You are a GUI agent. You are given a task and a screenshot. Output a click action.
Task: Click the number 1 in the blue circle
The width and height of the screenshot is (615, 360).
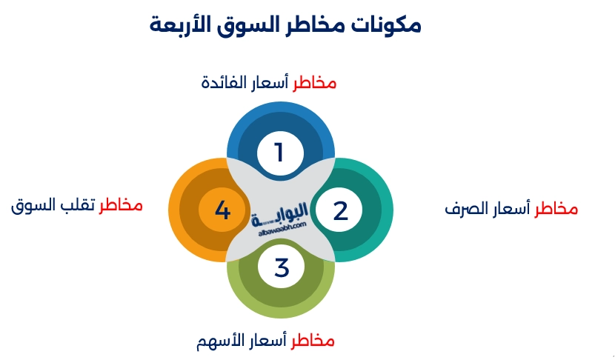coord(279,153)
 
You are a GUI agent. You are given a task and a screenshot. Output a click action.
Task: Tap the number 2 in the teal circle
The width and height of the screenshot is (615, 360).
coord(340,211)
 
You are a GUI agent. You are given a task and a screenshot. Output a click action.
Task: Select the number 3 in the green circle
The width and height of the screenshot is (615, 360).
coord(281,267)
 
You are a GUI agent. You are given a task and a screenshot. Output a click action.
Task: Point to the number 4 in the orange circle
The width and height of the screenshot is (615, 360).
coord(222,211)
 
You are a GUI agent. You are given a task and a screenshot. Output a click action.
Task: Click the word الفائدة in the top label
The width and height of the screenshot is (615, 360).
coord(223,82)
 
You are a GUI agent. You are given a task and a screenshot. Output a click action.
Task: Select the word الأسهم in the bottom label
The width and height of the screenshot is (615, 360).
coord(220,341)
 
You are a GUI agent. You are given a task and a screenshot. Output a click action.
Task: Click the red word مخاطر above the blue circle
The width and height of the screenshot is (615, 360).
coord(314,82)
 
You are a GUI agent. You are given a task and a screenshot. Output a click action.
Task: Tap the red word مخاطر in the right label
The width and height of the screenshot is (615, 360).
coord(556,209)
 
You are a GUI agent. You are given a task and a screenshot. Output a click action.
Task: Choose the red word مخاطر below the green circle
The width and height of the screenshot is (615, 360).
coord(313,341)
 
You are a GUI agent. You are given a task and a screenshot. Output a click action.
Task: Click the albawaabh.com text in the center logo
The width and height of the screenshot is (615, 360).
coord(278,231)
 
